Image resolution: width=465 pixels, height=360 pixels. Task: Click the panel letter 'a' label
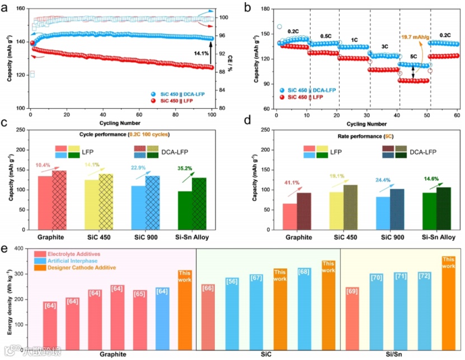(8, 7)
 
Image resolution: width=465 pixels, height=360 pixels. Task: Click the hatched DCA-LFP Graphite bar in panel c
(59, 202)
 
